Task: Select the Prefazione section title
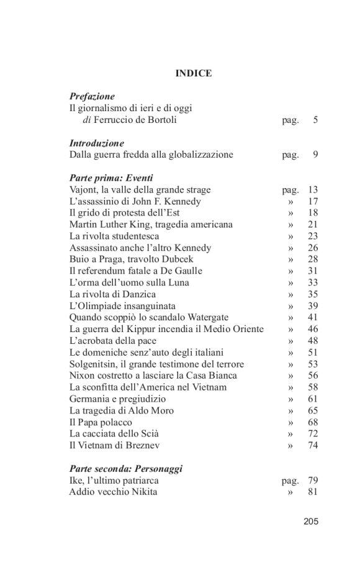tap(92, 97)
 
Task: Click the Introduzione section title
tap(96, 143)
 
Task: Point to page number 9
tap(315, 155)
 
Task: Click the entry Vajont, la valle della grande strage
tap(140, 190)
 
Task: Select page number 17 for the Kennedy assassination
tap(313, 201)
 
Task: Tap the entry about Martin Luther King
tap(151, 225)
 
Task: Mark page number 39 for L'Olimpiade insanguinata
tap(313, 306)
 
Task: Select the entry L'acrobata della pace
tap(112, 341)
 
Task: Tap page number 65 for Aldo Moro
tap(313, 410)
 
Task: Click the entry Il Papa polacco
tap(101, 422)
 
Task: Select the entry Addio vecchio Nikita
tap(113, 492)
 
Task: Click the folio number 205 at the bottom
tap(311, 521)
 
